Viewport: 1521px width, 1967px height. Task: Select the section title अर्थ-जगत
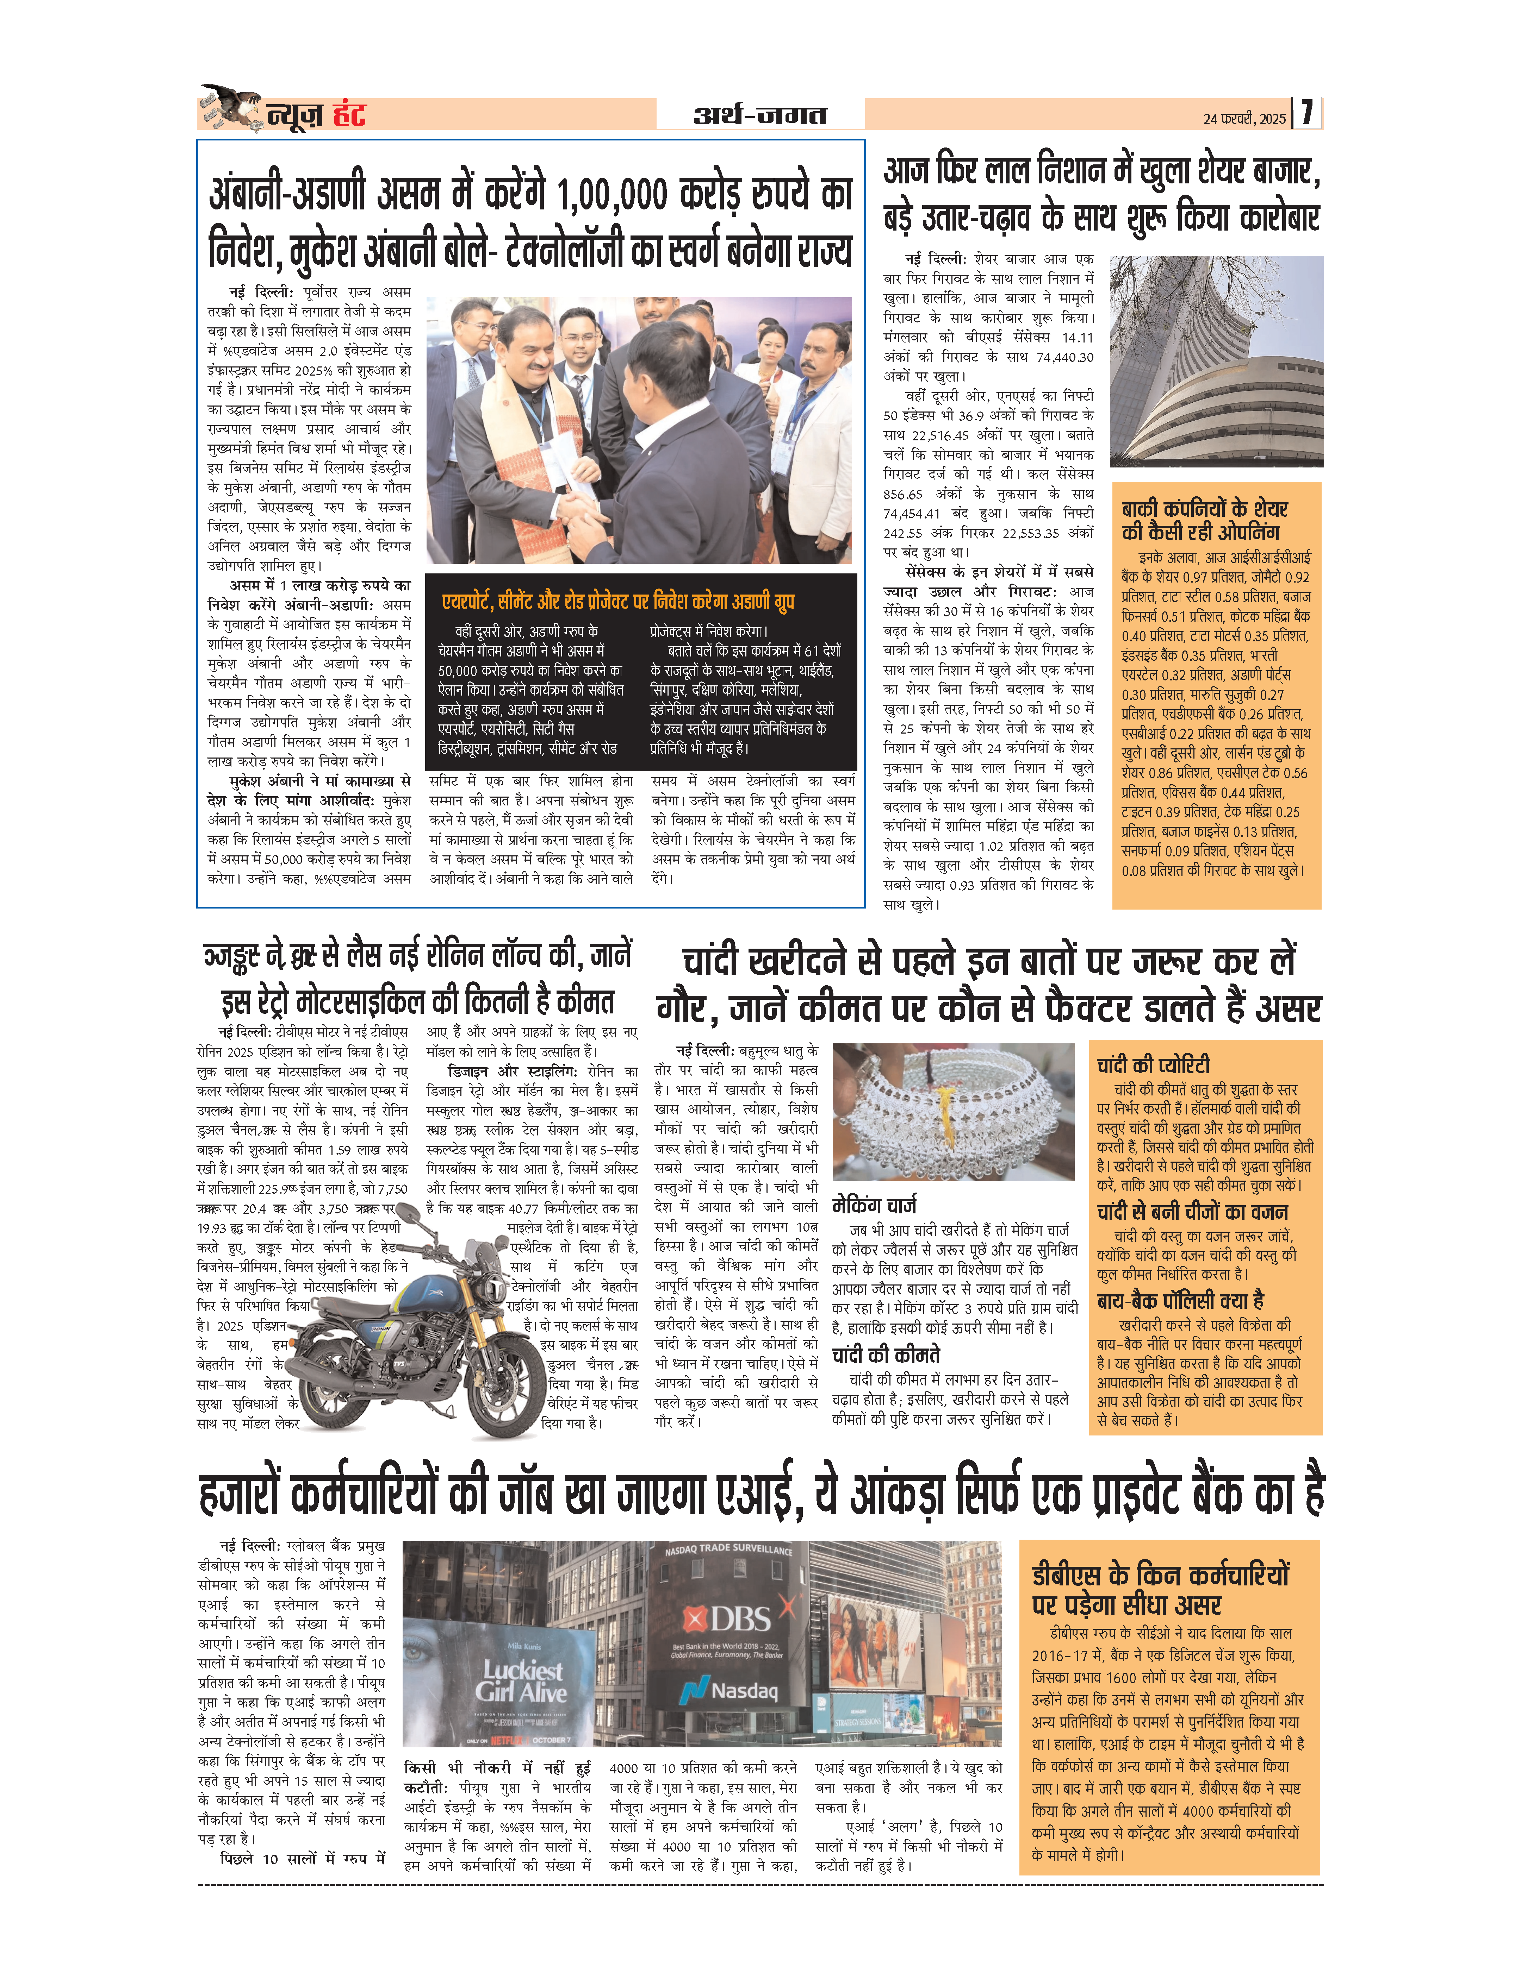pyautogui.click(x=759, y=115)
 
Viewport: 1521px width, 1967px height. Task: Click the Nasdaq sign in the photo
pyautogui.click(x=730, y=1691)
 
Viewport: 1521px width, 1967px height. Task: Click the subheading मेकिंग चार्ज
pyautogui.click(x=874, y=1205)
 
